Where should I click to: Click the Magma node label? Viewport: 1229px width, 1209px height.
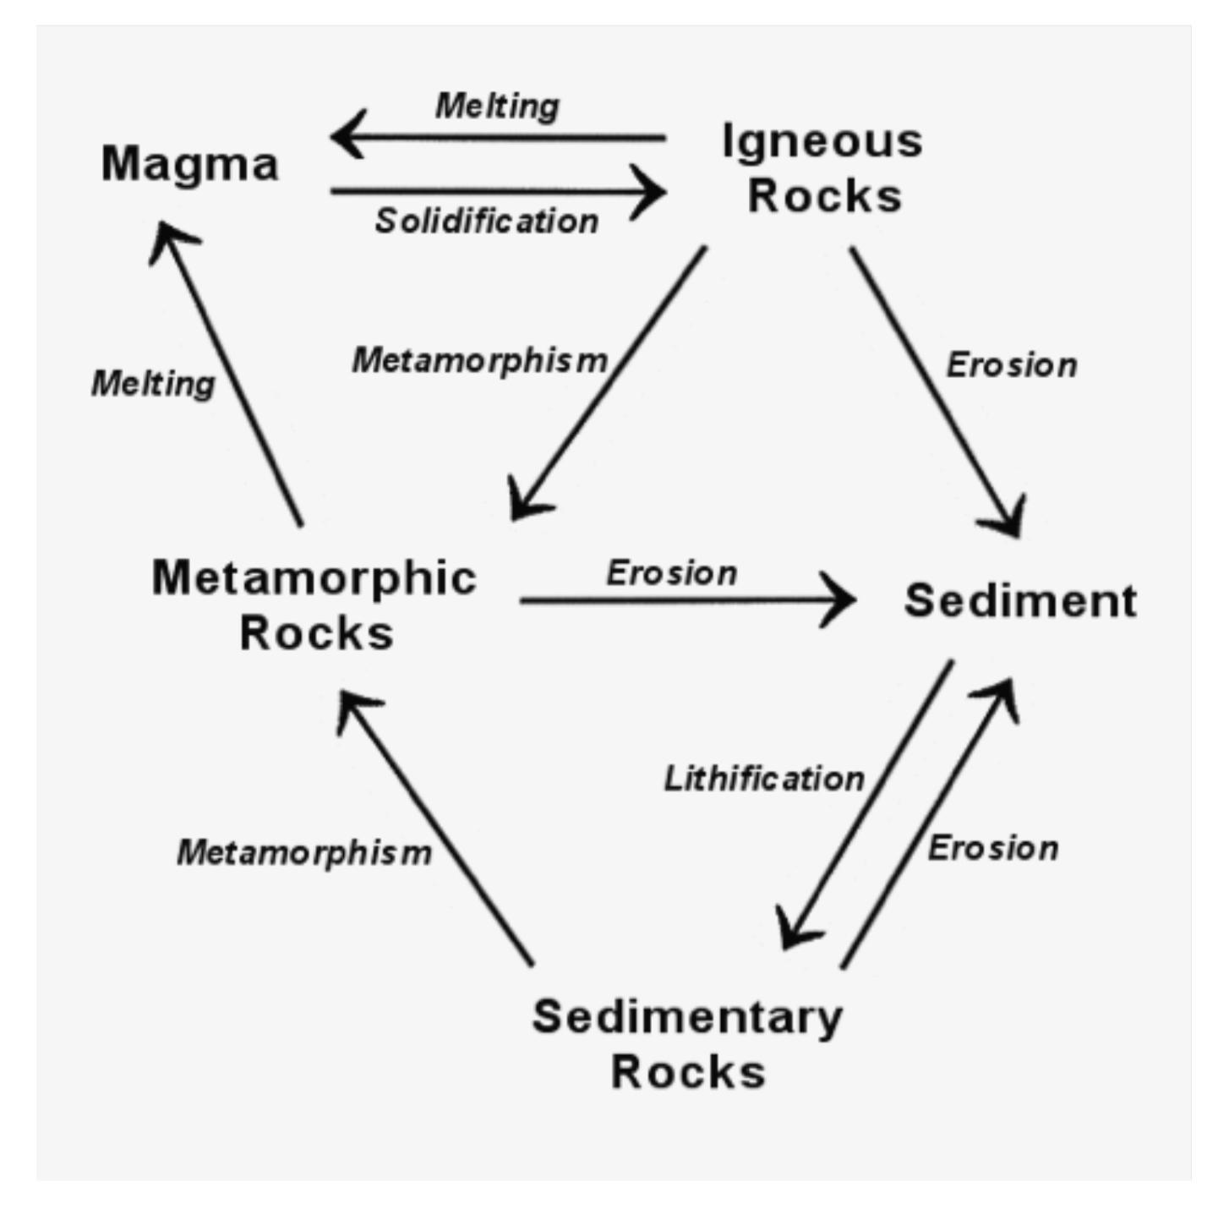coord(189,164)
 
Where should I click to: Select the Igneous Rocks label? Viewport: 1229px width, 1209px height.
coord(822,168)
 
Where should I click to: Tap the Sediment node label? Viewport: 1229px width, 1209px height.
coord(1020,601)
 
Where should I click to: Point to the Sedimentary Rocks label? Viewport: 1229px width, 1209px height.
coord(687,1044)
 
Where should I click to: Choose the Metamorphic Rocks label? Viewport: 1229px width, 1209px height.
coord(314,604)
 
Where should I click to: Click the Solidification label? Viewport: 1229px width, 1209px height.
coord(487,222)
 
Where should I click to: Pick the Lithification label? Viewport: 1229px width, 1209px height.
coord(764,779)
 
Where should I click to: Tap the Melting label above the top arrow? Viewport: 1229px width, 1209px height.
coord(497,107)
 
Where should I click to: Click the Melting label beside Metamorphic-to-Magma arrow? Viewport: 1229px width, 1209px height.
coord(153,384)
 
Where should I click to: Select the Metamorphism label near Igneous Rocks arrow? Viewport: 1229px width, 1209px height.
coord(479,361)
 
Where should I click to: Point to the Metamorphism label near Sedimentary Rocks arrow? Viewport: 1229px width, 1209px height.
coord(304,852)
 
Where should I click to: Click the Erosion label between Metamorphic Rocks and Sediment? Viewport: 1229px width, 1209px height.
coord(671,573)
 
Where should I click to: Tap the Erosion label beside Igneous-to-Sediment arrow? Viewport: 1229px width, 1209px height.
coord(1012,365)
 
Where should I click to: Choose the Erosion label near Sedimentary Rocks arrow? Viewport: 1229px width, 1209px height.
coord(993,848)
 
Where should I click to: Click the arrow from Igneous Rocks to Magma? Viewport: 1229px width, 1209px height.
coord(499,136)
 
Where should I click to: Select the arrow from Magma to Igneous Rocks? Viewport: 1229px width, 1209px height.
coord(499,192)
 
